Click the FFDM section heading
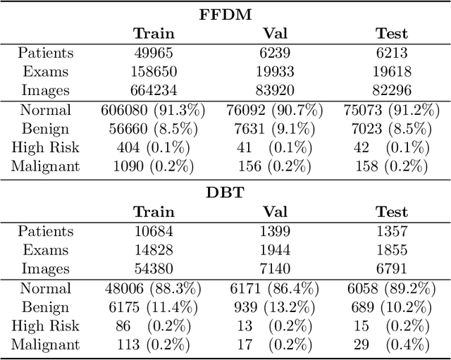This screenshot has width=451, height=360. [224, 13]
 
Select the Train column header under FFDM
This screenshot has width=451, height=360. [154, 33]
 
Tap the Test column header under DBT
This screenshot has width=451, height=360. [392, 211]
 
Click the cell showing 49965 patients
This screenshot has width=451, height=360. [154, 52]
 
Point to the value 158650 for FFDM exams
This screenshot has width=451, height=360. [154, 71]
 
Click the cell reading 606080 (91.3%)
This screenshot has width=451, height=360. [154, 110]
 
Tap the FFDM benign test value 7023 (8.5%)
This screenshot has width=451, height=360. [392, 129]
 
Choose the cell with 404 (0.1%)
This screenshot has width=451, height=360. [154, 148]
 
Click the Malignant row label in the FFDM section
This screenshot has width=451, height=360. [45, 167]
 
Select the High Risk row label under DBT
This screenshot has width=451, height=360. [45, 326]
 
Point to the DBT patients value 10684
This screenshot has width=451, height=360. [154, 231]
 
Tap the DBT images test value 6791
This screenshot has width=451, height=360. [392, 269]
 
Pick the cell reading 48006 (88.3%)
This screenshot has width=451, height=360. [154, 288]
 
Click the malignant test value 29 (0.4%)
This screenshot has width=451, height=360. [392, 345]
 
